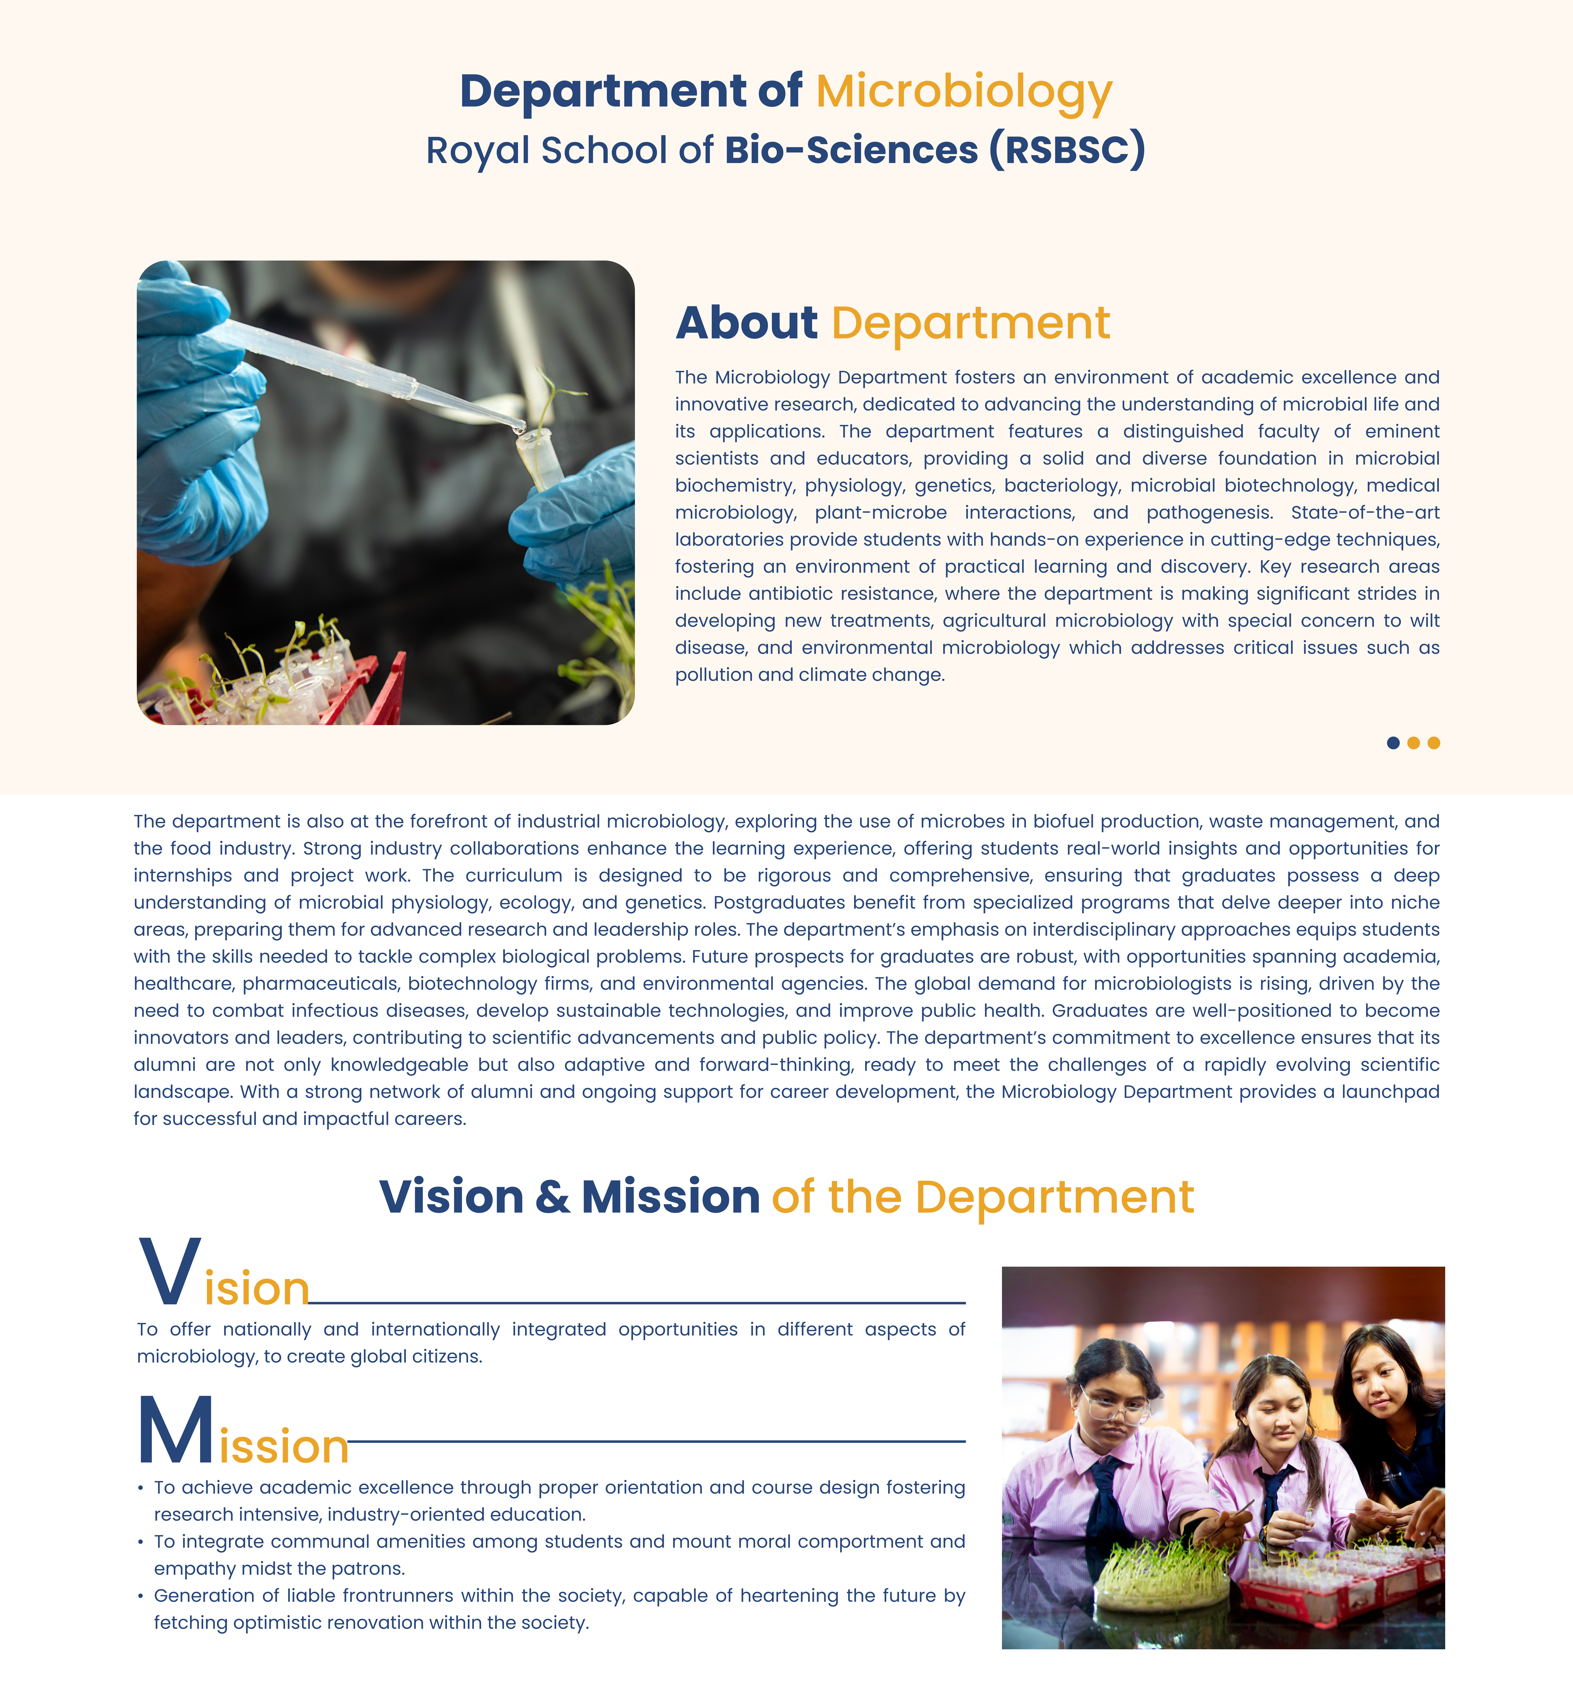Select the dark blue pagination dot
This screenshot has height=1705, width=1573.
[1393, 743]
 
